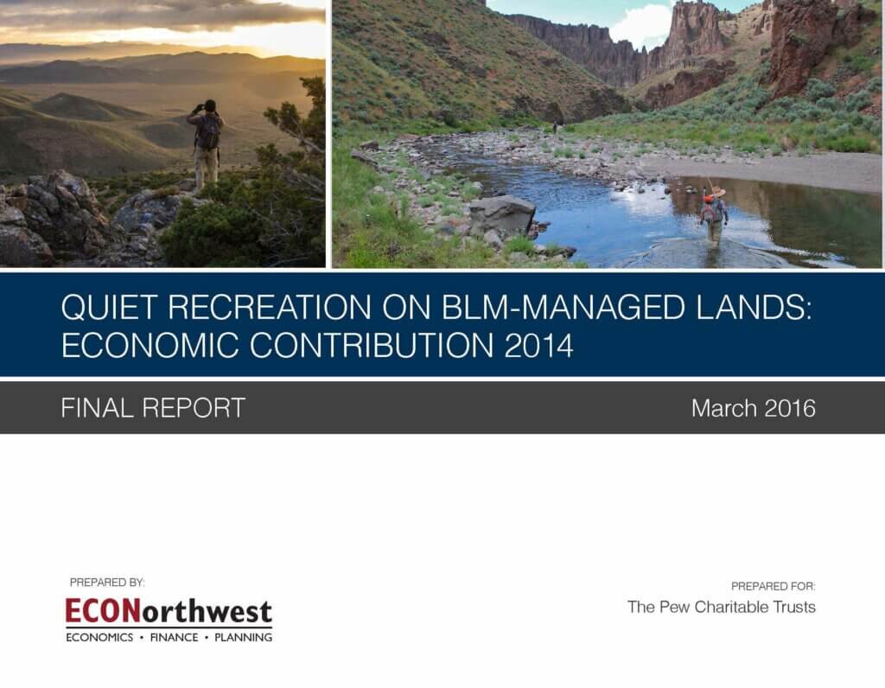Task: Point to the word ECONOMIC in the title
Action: [150, 346]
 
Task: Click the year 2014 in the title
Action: [539, 346]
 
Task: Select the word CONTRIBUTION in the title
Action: [372, 346]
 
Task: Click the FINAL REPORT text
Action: [153, 407]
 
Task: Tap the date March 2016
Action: [754, 408]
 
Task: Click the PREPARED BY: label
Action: [107, 582]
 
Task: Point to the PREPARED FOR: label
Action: [774, 586]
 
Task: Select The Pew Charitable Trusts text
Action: [722, 607]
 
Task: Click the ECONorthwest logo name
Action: [169, 611]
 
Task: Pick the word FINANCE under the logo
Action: [174, 637]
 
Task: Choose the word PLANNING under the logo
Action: [243, 637]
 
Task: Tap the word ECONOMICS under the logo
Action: [99, 637]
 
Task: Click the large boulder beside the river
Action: [502, 214]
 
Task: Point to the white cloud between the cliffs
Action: [640, 25]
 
